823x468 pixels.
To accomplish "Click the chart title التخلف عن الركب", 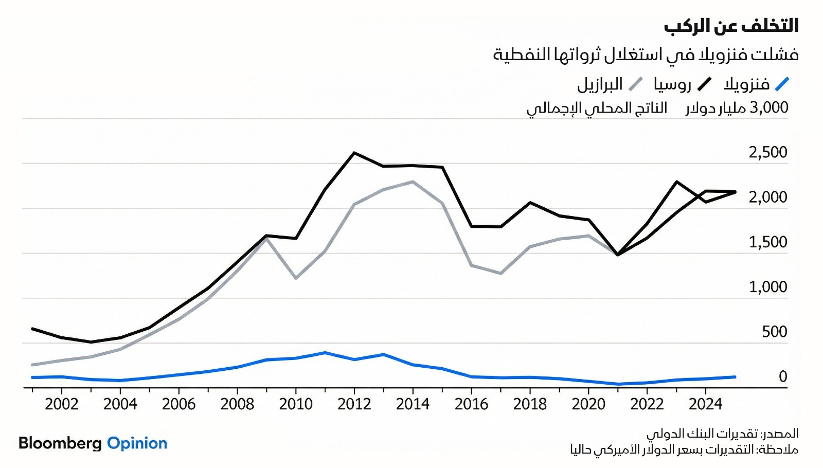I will click(x=731, y=26).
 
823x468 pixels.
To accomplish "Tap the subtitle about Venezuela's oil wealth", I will click(x=646, y=55).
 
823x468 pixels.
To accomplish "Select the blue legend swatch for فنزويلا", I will click(x=782, y=84).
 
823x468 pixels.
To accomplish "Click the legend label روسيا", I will click(x=672, y=84).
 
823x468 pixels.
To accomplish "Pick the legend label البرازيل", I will click(x=600, y=84).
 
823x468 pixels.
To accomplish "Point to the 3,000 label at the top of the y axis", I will click(x=769, y=107).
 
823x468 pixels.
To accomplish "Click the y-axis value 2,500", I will click(x=768, y=152).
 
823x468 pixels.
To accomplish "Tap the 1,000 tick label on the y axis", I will click(x=768, y=287).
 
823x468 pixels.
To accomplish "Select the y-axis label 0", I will click(x=782, y=376).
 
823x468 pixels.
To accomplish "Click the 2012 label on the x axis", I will click(x=354, y=404).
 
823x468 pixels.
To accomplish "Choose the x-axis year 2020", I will click(x=588, y=404).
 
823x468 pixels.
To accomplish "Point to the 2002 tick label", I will click(x=62, y=404).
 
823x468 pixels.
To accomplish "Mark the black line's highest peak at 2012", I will click(x=354, y=153).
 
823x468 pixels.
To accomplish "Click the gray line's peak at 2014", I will click(x=413, y=182).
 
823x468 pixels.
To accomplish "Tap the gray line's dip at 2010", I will click(x=296, y=278).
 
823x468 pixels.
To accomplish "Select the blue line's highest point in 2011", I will click(x=325, y=353).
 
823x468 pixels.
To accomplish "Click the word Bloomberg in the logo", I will click(x=60, y=443).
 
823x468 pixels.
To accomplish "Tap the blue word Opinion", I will click(x=137, y=443).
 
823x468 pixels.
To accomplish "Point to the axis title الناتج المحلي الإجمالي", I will click(x=597, y=109).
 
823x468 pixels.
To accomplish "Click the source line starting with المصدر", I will click(x=722, y=434).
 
